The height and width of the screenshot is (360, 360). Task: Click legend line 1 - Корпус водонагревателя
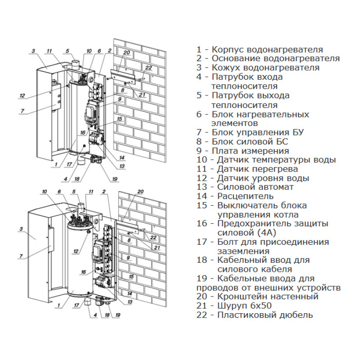point(260,50)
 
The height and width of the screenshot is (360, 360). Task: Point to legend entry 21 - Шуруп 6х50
point(243,306)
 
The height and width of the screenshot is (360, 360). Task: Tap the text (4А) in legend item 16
point(266,233)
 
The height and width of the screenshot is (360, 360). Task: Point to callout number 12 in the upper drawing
point(22,95)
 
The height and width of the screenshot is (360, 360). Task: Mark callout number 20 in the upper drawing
point(127,53)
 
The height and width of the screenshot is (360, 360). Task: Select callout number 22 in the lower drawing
point(153,238)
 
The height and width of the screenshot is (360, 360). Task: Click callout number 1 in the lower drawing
point(59,305)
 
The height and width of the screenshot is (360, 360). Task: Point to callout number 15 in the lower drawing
point(131,276)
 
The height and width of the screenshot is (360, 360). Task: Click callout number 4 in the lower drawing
point(95,315)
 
